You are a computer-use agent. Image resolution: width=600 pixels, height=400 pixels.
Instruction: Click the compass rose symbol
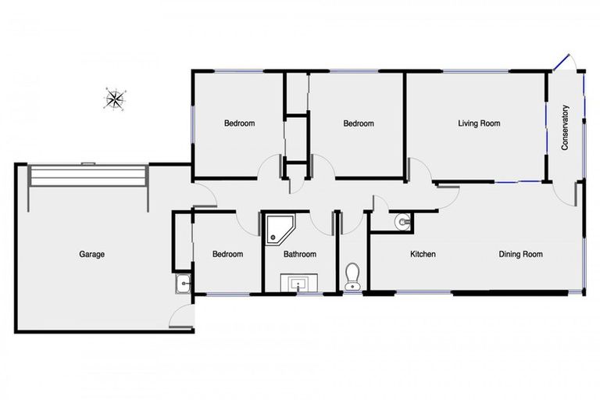(116, 98)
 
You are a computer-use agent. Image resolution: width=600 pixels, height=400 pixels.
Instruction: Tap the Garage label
(91, 254)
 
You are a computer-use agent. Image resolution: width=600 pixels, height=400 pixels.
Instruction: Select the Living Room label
(479, 123)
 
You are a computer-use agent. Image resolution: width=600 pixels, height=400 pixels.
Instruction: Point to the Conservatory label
(565, 127)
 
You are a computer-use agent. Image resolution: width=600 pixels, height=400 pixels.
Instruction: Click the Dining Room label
(521, 254)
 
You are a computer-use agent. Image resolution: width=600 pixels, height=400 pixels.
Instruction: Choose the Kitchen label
(423, 254)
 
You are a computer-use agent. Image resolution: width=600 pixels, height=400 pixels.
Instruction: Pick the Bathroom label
(299, 254)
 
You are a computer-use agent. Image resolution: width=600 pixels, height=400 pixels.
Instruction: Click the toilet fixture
(352, 276)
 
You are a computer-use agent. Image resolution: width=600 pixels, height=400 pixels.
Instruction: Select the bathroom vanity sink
(299, 283)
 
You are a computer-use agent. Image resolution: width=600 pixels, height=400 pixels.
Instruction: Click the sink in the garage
(183, 284)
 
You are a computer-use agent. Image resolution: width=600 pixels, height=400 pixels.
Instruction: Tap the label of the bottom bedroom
(227, 254)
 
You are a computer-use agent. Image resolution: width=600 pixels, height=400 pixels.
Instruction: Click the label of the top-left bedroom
(239, 123)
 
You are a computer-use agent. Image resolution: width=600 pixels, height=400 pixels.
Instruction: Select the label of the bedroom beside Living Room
(359, 123)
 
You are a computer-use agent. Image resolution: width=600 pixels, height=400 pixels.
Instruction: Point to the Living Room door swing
(418, 170)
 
